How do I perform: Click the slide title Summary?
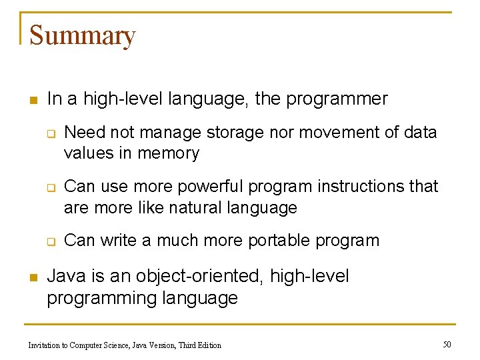coord(82,35)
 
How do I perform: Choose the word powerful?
coord(210,187)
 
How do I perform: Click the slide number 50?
coord(447,344)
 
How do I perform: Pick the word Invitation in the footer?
coord(46,345)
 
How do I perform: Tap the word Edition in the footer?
coord(207,345)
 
